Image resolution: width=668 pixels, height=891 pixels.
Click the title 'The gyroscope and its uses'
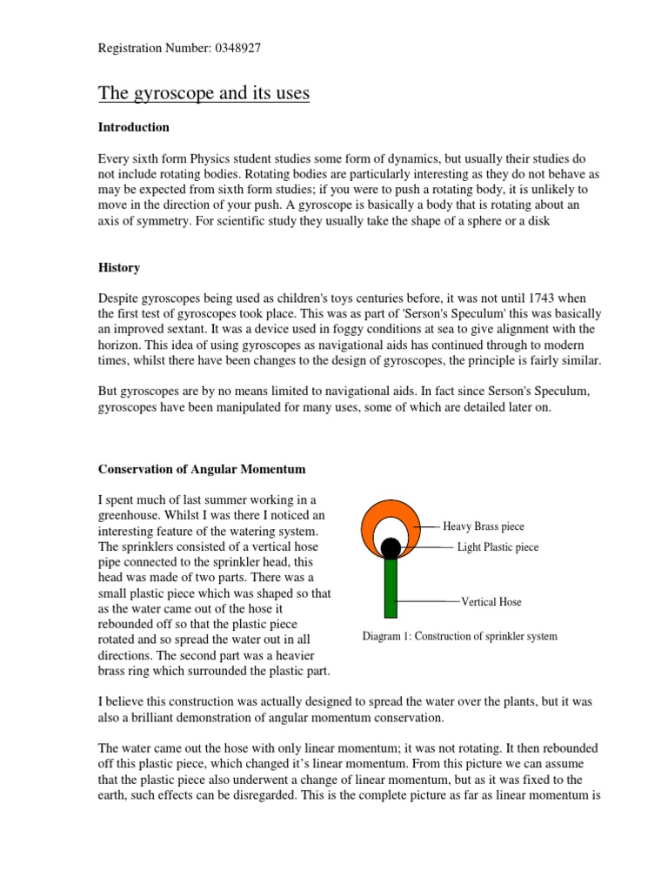click(x=204, y=92)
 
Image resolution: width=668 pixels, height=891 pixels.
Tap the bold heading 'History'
click(x=118, y=268)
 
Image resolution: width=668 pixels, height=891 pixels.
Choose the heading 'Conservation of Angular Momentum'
click(x=201, y=469)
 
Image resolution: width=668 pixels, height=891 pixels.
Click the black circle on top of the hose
click(x=391, y=548)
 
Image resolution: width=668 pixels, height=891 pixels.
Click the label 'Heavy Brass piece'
click(x=484, y=526)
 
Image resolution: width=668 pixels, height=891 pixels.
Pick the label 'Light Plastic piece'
click(x=498, y=547)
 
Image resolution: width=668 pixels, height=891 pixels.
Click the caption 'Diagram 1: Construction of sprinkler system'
click(x=459, y=637)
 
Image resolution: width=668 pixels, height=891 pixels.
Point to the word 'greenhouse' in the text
click(x=131, y=515)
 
